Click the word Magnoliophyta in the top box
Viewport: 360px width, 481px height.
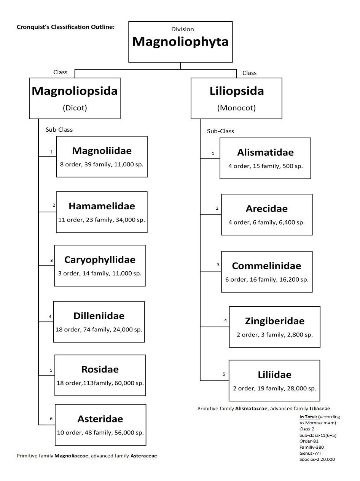click(180, 42)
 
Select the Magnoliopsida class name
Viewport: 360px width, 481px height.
click(75, 91)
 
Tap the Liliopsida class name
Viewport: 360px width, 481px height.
click(237, 91)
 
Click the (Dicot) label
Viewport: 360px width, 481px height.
click(75, 108)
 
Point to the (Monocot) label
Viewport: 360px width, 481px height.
click(236, 108)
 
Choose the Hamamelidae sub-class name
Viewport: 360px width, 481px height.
click(102, 206)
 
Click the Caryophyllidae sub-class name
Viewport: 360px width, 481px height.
click(100, 260)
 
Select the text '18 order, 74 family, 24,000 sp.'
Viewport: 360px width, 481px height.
click(99, 330)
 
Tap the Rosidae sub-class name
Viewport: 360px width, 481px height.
click(100, 370)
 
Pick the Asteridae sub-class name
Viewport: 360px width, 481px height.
click(100, 419)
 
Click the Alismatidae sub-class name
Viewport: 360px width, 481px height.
click(265, 153)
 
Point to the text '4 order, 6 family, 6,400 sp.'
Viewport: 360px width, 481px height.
click(266, 222)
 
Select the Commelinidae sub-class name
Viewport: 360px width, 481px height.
click(267, 266)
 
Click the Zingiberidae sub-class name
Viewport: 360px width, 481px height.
click(275, 321)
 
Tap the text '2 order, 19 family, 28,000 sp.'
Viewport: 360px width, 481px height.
click(274, 388)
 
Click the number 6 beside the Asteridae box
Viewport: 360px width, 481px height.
click(51, 419)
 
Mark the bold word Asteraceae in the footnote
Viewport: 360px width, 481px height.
click(144, 456)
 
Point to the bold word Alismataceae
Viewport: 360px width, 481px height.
click(251, 408)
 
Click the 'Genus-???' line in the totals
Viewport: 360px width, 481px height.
click(310, 453)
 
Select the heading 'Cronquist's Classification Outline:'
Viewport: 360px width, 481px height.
click(65, 27)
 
